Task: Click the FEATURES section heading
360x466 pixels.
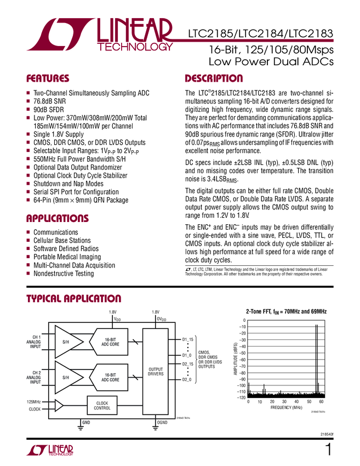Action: [48, 78]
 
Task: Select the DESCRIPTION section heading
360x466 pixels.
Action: [214, 78]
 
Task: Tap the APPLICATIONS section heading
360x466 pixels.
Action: [58, 219]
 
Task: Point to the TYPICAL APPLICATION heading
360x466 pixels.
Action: [74, 299]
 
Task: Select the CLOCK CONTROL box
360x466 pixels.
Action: [102, 405]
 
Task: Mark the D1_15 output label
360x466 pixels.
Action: [188, 340]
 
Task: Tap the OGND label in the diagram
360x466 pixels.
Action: [162, 423]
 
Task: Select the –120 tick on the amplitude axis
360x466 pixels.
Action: [240, 397]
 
